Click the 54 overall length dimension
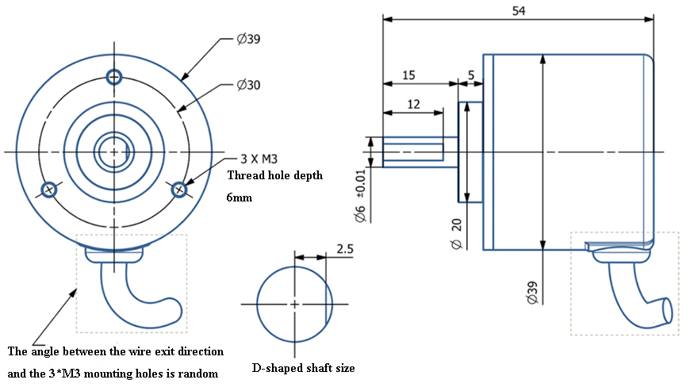coord(519,10)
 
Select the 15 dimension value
coord(408,75)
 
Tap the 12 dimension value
coord(413,104)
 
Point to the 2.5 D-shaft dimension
coord(344,248)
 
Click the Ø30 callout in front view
coord(249,85)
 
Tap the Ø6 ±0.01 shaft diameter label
coord(360,194)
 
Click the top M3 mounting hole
coord(114,77)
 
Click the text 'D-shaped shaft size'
coord(304,368)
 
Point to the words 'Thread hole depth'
coord(275,175)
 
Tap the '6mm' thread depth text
coord(240,197)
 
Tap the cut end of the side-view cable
coord(665,311)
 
